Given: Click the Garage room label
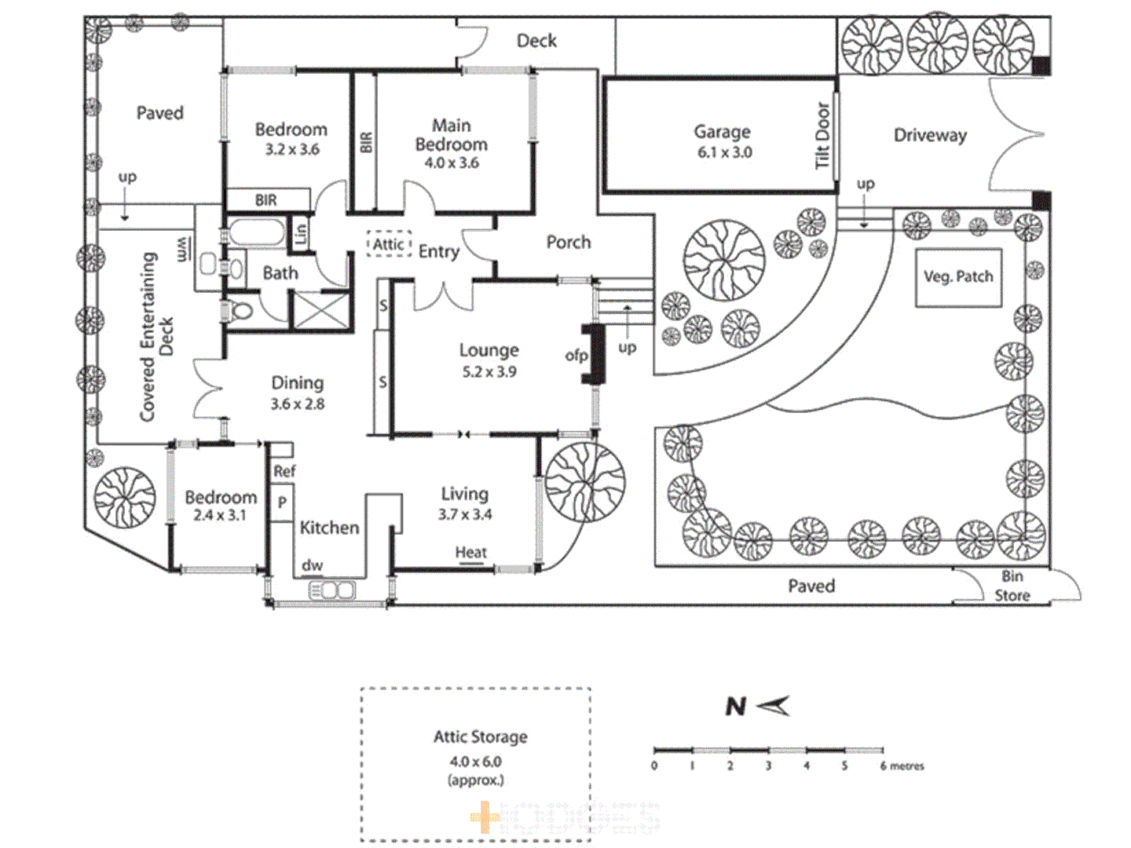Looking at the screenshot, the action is tap(722, 132).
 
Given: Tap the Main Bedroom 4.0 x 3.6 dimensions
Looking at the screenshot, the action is tap(452, 163).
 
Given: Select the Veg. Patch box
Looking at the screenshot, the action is tap(958, 277).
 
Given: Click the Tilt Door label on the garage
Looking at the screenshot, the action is tap(822, 135).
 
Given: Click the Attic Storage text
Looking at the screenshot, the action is tap(480, 737).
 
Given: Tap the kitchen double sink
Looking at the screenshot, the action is tap(331, 589).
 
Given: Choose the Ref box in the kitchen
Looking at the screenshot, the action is tap(284, 471).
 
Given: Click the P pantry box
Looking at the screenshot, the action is tap(281, 503).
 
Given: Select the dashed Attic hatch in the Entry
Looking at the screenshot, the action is tap(389, 244).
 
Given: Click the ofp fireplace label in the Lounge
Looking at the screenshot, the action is tap(576, 356).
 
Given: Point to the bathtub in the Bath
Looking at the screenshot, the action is tap(256, 233).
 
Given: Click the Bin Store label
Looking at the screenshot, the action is tap(1012, 587).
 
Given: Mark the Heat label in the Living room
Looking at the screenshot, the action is tap(470, 553).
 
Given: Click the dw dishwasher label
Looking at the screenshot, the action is tap(312, 565).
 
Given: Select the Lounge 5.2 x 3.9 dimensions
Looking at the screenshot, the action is tap(489, 372).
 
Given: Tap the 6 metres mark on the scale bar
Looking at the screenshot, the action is tap(884, 765).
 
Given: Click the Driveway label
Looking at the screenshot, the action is tap(930, 135).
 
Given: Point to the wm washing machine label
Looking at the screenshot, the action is tap(181, 250).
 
